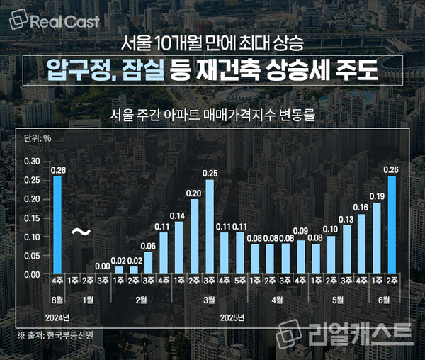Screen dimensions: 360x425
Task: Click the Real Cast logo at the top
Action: pos(55,21)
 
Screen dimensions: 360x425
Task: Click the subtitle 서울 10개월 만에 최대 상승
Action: pos(212,43)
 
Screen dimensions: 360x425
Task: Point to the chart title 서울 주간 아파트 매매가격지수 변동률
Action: pos(212,114)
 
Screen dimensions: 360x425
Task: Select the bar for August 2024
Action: pos(57,225)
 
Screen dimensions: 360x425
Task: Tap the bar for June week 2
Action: pos(391,225)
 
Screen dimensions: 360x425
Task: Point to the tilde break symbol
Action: pos(81,231)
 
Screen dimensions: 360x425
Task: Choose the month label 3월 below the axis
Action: pos(210,300)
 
